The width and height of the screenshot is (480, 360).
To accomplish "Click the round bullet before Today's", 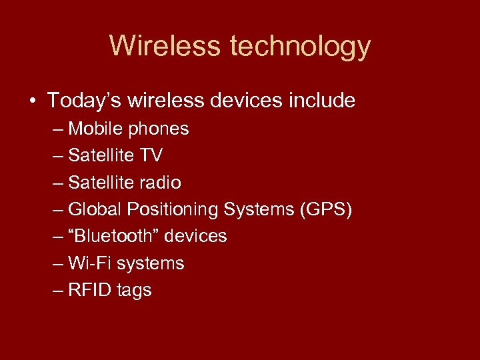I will pyautogui.click(x=32, y=101).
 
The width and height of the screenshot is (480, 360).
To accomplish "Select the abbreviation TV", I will pyautogui.click(x=151, y=155).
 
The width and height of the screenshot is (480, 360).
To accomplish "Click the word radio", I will pyautogui.click(x=161, y=183).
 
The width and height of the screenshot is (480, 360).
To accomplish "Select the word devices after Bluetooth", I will pyautogui.click(x=195, y=236).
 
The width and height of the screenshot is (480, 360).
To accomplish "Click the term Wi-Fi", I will pyautogui.click(x=90, y=263).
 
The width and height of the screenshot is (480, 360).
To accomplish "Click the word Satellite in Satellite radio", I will pyautogui.click(x=101, y=183).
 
